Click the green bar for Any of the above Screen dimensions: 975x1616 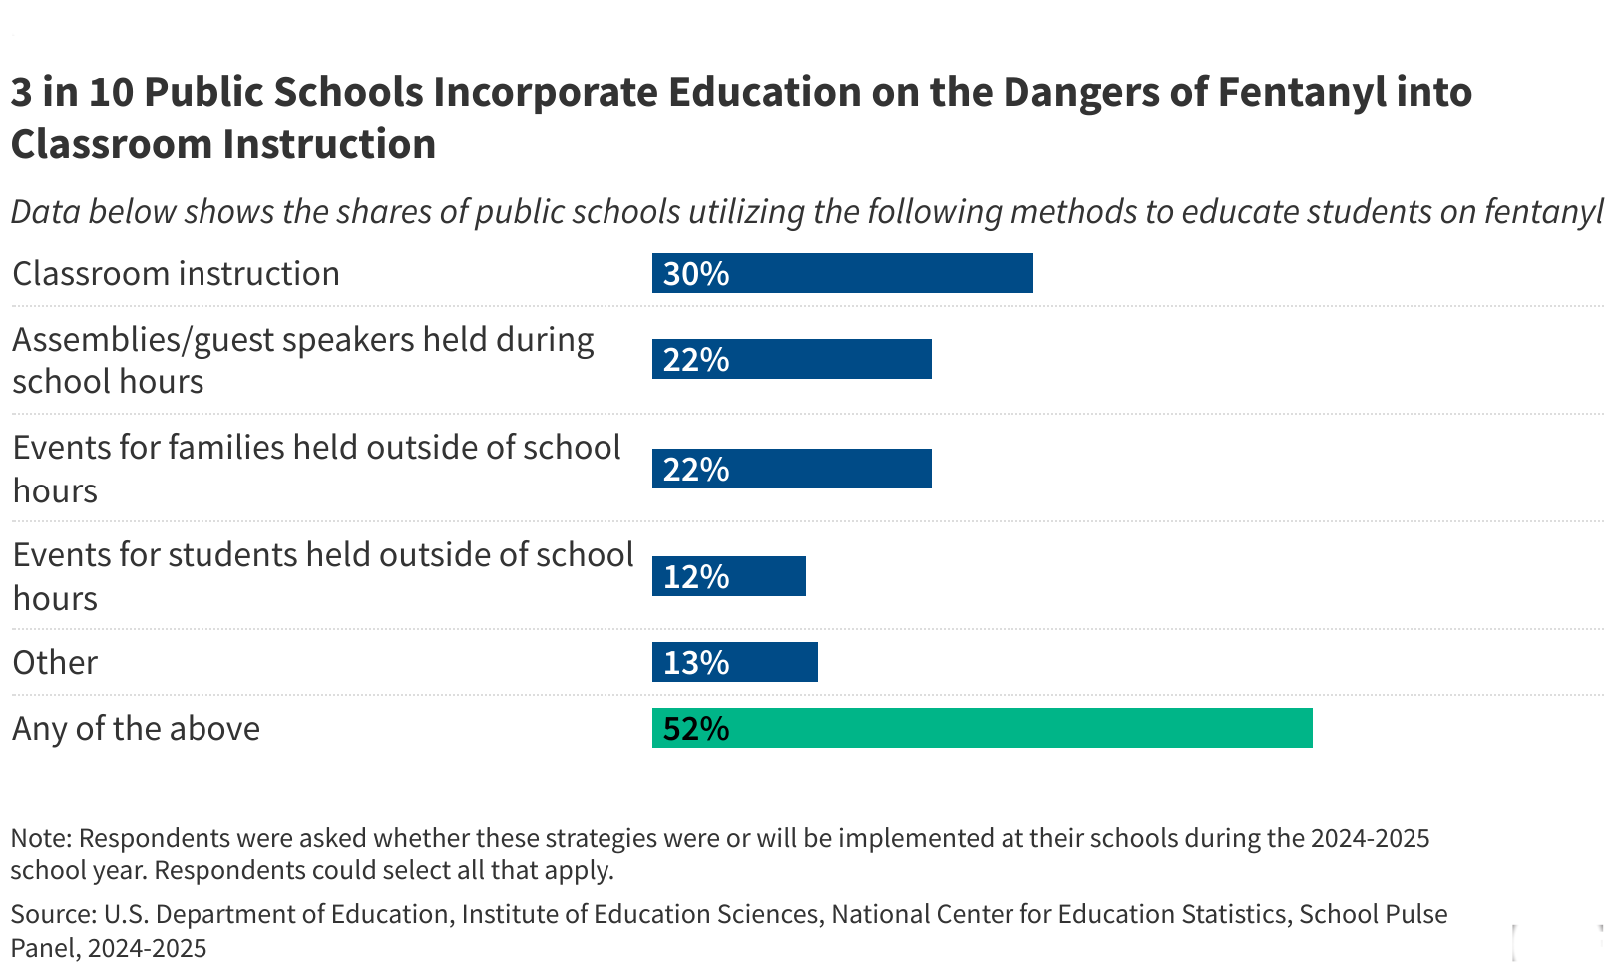point(983,728)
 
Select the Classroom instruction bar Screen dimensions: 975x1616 point(843,273)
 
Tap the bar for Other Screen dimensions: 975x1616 point(735,662)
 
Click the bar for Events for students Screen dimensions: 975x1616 point(729,576)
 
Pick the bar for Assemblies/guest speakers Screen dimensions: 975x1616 point(792,359)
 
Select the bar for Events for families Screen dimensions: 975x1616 point(792,469)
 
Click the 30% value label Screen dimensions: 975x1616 point(696,274)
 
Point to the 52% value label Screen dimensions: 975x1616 point(696,729)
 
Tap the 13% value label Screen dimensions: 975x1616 point(696,663)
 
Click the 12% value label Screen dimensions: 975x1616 point(696,577)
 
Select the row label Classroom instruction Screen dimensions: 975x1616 point(176,274)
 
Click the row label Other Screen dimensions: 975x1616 point(55,663)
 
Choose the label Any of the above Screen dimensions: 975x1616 point(136,729)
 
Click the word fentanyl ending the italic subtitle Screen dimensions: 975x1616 point(1543,212)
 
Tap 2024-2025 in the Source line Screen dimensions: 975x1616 point(147,948)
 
